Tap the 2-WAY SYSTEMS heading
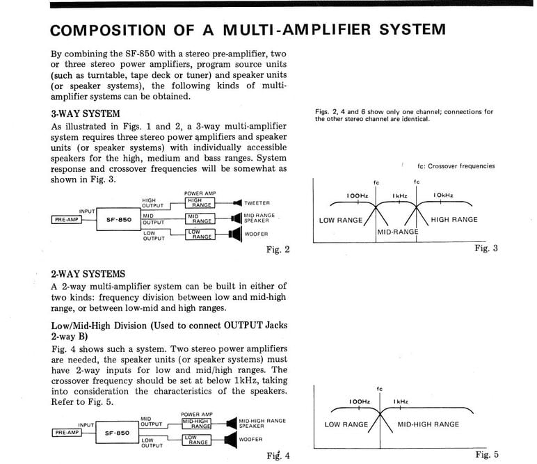88,274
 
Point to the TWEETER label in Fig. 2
257,203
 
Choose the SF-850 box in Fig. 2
119,219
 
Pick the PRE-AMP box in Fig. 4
66,432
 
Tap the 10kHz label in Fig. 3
442,195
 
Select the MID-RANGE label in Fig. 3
398,231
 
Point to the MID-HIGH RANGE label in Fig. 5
428,424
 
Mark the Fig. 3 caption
486,248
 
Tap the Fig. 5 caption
486,455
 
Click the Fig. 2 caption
278,250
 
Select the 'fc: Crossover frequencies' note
456,166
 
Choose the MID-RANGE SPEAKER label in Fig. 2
259,218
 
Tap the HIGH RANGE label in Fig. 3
454,220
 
